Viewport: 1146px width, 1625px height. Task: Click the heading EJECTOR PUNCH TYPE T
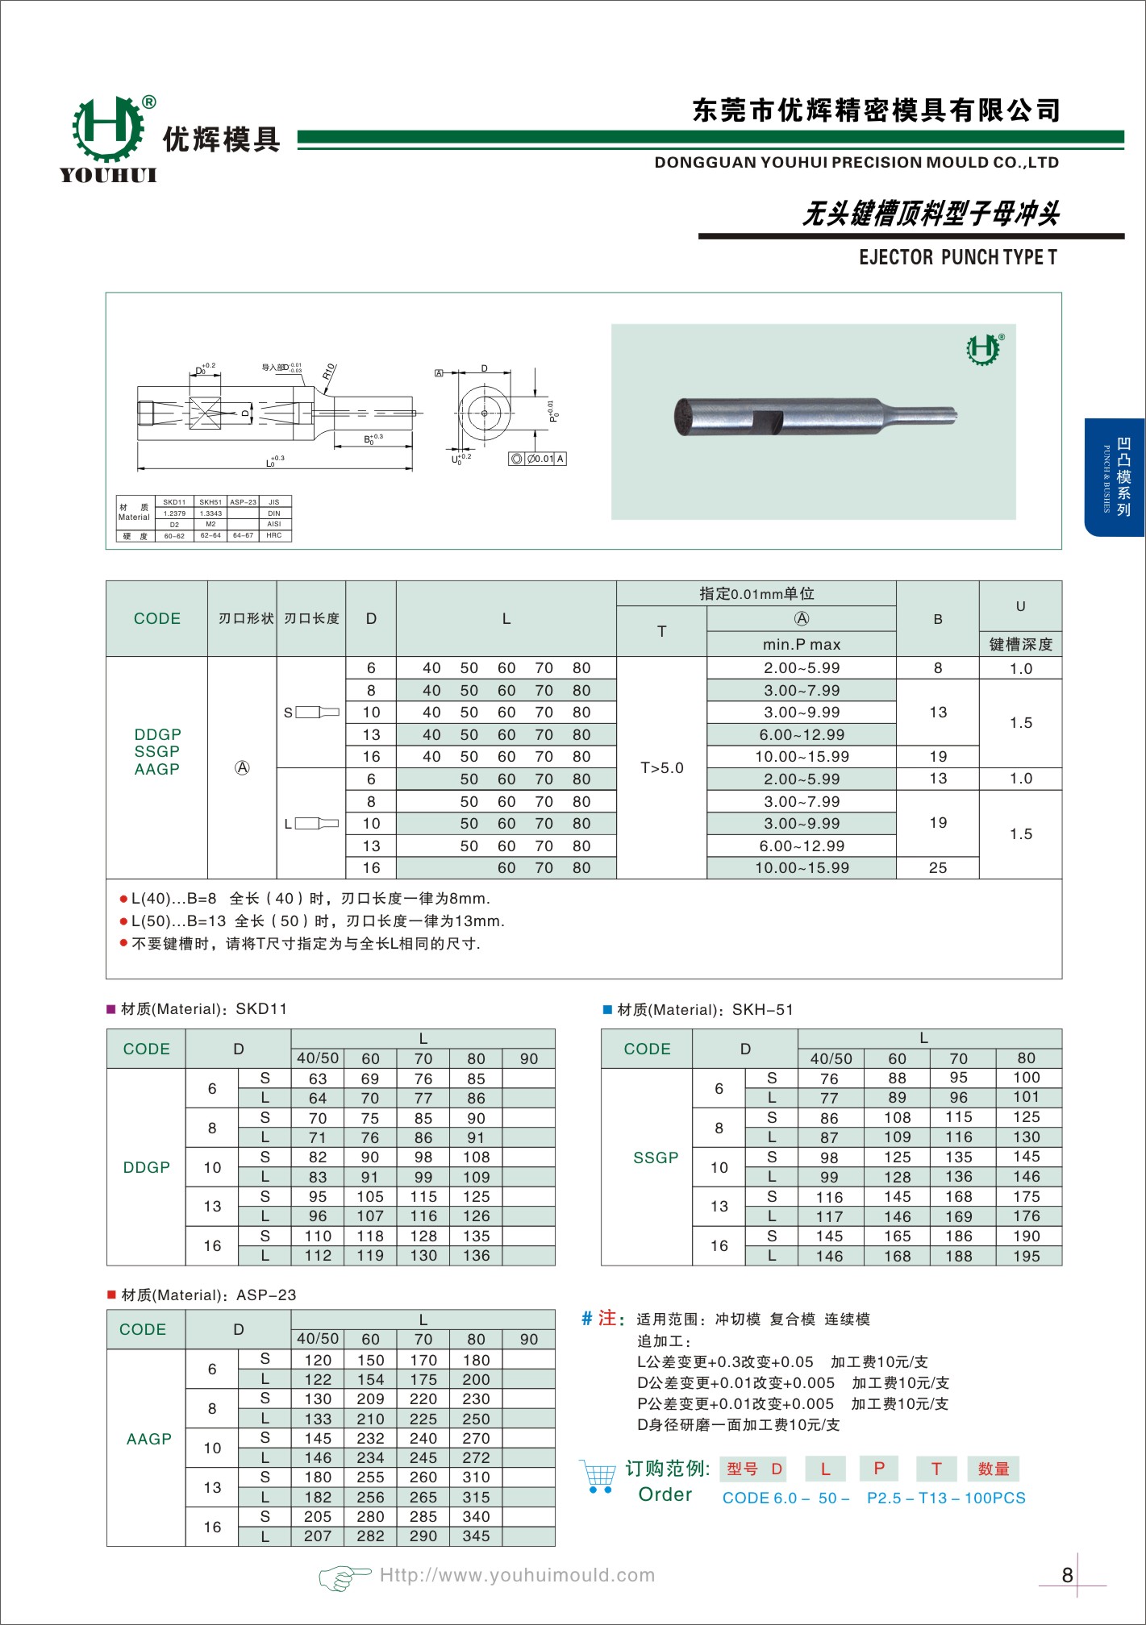[957, 257]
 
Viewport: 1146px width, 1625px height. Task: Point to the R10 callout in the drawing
[328, 372]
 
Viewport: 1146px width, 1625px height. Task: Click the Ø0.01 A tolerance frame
[538, 459]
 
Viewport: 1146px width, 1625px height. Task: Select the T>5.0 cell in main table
[661, 767]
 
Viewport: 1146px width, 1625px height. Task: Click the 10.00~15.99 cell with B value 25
[802, 868]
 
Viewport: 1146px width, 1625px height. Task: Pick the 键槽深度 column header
[1020, 644]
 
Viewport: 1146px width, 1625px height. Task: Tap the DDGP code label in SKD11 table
[146, 1167]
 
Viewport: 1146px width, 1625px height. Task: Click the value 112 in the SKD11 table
[318, 1256]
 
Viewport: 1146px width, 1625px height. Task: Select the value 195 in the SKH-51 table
[1026, 1256]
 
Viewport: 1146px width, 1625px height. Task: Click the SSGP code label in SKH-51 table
[656, 1157]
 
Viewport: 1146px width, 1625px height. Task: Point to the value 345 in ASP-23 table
[476, 1536]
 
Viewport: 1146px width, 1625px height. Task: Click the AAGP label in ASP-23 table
[148, 1439]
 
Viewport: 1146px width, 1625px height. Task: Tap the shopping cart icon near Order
[598, 1476]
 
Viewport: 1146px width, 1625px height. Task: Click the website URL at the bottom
[517, 1575]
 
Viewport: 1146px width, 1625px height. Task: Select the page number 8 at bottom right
[1067, 1575]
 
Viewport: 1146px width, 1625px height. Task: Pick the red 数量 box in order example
[993, 1469]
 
